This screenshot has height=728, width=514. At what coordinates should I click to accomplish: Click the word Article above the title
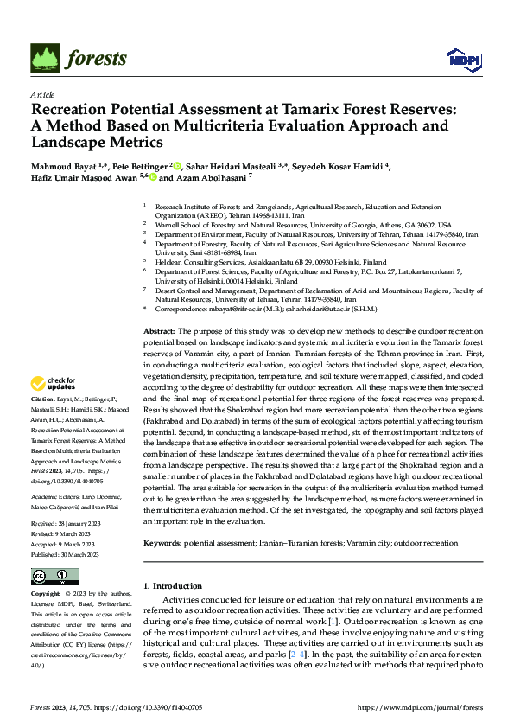(x=41, y=94)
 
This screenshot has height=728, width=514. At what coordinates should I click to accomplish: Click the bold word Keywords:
(x=162, y=544)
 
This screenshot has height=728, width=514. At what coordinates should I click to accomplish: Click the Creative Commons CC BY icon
(x=54, y=577)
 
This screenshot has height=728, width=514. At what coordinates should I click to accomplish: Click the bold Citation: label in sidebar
(x=45, y=400)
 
